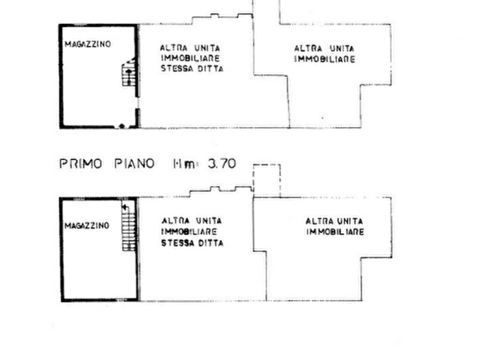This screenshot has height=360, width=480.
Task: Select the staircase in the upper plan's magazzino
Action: [129, 74]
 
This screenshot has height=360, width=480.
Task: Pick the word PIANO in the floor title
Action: [134, 164]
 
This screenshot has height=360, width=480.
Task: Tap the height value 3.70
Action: [221, 164]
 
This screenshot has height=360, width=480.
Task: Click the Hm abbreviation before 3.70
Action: [182, 164]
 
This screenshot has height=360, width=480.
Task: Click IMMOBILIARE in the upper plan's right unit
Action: [324, 60]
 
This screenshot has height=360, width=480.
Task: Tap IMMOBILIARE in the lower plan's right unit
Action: [333, 232]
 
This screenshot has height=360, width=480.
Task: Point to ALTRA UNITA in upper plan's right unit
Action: [324, 48]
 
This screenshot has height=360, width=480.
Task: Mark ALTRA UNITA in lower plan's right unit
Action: [334, 221]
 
